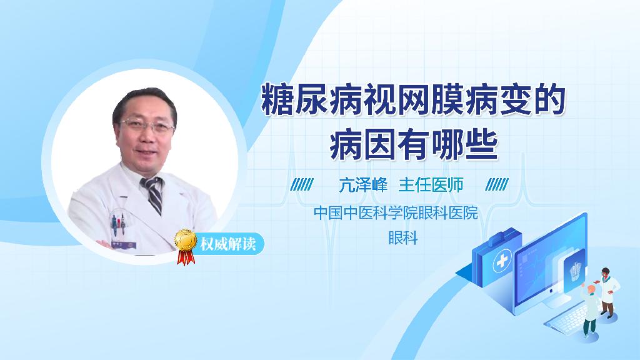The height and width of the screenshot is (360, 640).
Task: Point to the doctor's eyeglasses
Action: click(148, 126)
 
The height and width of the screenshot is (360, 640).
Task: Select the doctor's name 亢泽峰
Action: click(364, 185)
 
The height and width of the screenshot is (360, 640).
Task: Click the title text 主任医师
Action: click(431, 185)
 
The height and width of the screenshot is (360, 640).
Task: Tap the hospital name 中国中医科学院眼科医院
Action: click(396, 213)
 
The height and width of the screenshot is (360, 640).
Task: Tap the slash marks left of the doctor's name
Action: click(302, 185)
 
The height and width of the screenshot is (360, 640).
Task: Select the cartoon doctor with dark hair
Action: click(608, 291)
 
